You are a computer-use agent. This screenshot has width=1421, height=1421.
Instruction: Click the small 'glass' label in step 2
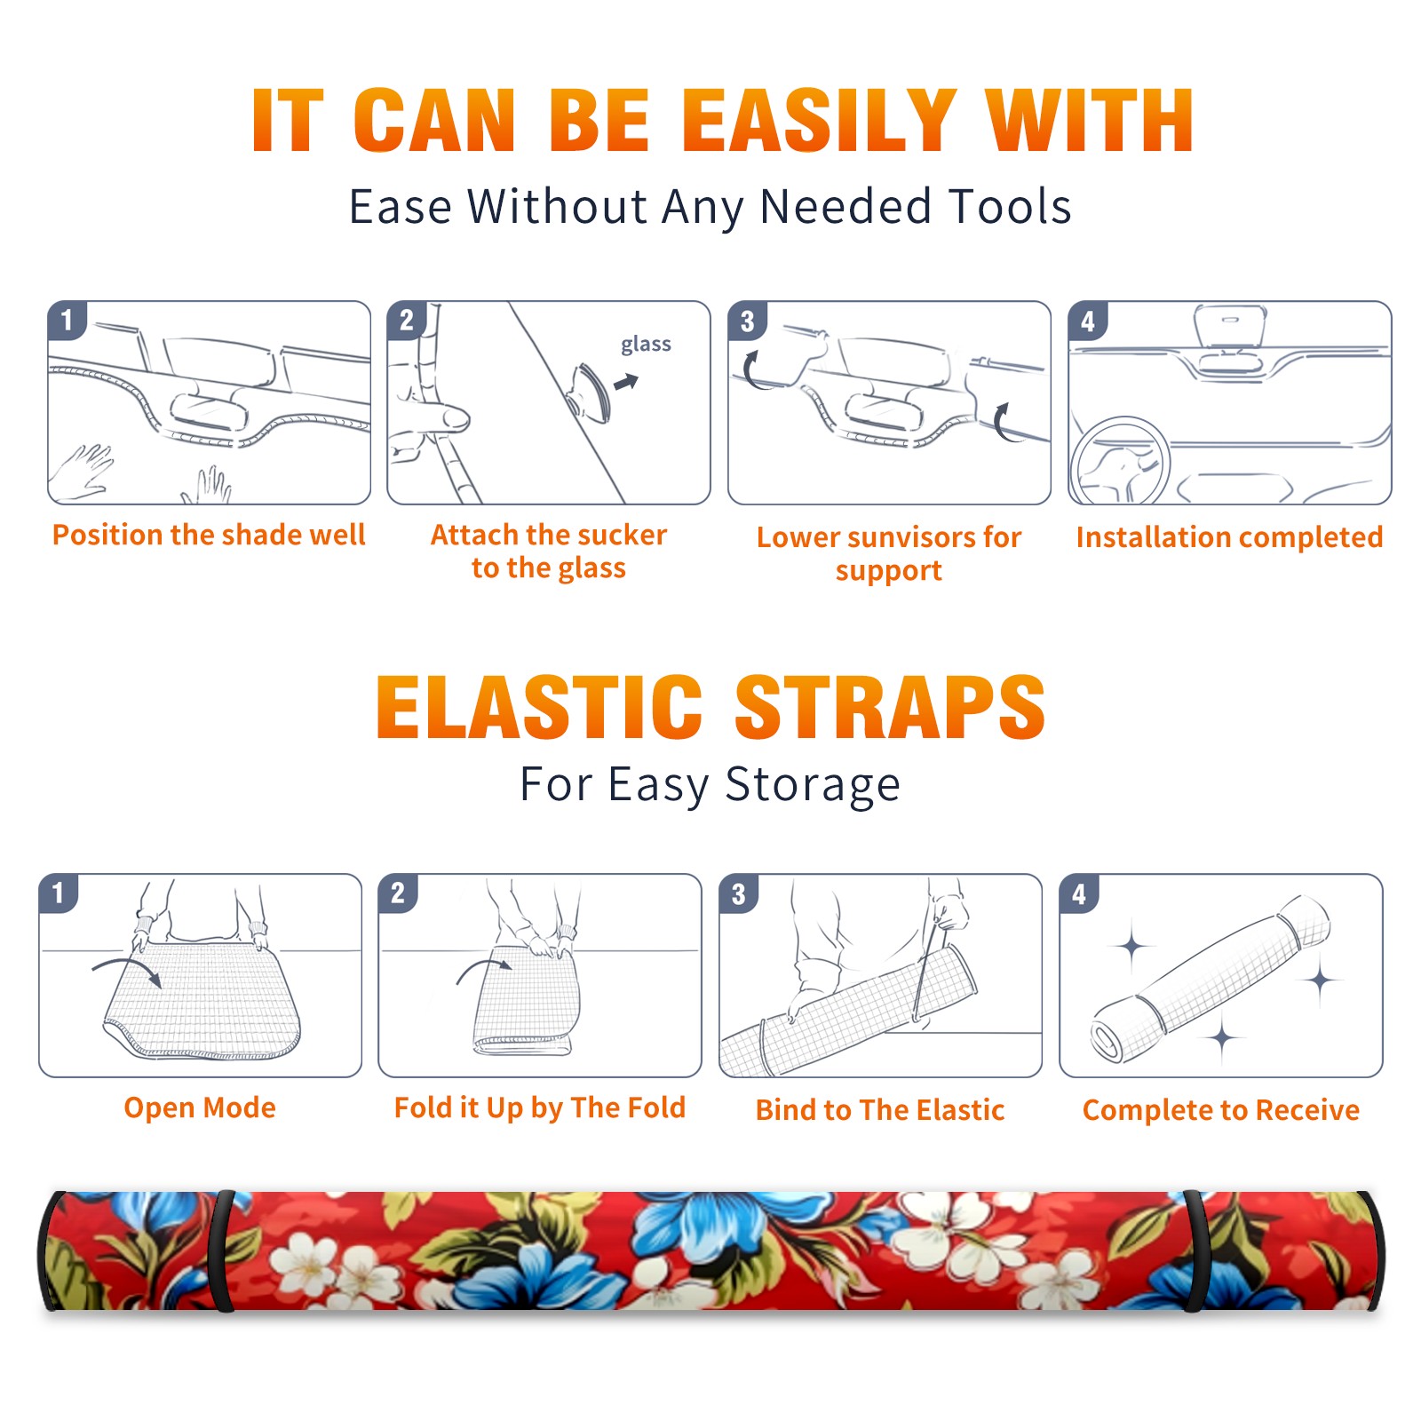[x=646, y=345]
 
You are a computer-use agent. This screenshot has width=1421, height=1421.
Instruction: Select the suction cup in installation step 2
[x=589, y=393]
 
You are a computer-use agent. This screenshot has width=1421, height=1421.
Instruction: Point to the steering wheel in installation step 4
[x=1119, y=462]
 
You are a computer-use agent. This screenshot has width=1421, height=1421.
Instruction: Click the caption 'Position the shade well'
[x=209, y=535]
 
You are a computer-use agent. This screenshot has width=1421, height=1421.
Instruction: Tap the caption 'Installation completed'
[x=1229, y=537]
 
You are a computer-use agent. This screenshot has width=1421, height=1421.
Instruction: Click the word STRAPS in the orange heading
[x=890, y=707]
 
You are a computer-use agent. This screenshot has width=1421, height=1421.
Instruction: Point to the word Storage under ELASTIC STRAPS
[x=813, y=785]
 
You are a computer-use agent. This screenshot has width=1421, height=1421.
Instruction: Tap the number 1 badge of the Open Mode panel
[x=59, y=893]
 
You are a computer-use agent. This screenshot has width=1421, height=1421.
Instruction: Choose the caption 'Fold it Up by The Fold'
[x=540, y=1108]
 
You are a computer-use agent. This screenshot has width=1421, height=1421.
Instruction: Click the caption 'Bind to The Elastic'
[x=880, y=1110]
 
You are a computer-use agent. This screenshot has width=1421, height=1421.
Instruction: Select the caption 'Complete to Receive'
[x=1221, y=1110]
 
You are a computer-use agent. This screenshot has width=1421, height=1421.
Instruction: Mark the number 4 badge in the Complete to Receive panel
[x=1079, y=893]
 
